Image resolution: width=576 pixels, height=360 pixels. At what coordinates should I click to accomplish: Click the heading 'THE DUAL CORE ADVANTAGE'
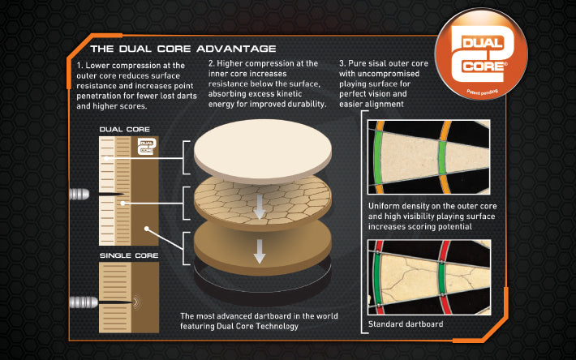(x=183, y=49)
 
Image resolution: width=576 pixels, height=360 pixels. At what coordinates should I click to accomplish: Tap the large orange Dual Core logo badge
(x=481, y=54)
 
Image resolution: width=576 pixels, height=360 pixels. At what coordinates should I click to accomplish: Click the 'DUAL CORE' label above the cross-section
(x=125, y=130)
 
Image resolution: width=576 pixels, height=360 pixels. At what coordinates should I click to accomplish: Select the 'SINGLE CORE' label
(x=129, y=255)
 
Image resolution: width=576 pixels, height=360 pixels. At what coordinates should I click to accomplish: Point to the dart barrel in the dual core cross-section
(x=79, y=194)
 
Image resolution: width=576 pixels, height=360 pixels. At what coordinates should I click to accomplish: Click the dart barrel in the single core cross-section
(x=84, y=302)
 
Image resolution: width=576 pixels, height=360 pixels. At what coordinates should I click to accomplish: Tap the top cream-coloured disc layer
(x=263, y=151)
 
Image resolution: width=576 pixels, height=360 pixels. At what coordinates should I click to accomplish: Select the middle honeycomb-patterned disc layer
(x=263, y=202)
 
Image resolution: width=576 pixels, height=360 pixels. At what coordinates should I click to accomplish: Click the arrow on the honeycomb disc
(x=260, y=207)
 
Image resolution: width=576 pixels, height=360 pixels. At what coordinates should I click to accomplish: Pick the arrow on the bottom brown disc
(x=260, y=251)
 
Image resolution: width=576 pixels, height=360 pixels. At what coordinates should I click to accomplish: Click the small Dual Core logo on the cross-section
(x=147, y=147)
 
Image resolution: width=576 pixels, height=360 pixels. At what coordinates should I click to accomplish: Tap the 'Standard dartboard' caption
(x=406, y=324)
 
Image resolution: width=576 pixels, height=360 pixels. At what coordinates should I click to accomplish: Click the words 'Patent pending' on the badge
(x=482, y=92)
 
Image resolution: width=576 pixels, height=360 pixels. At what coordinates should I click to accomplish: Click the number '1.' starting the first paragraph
(x=80, y=66)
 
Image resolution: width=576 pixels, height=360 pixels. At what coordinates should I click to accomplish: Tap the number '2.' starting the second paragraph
(x=211, y=63)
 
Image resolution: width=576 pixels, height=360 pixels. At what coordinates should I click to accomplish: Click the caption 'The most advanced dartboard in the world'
(x=259, y=316)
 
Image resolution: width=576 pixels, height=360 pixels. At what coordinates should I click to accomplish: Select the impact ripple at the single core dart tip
(x=136, y=302)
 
